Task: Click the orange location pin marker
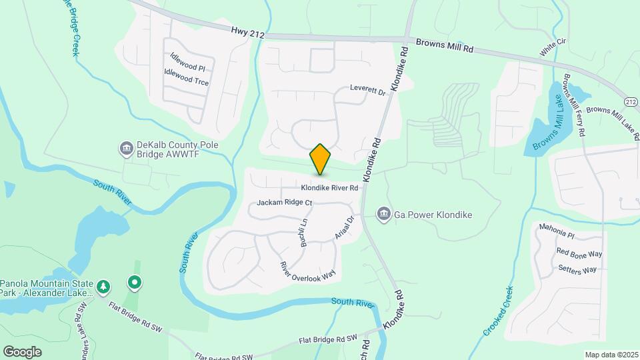(x=321, y=159)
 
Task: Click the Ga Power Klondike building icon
(x=383, y=215)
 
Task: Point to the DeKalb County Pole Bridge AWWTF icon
(x=126, y=148)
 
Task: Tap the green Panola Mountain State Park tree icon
(x=103, y=287)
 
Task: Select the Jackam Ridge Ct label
(x=285, y=202)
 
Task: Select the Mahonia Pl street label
(x=557, y=233)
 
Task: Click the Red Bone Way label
(x=579, y=254)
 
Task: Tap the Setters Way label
(x=577, y=270)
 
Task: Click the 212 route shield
(x=631, y=100)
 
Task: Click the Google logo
(x=23, y=351)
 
